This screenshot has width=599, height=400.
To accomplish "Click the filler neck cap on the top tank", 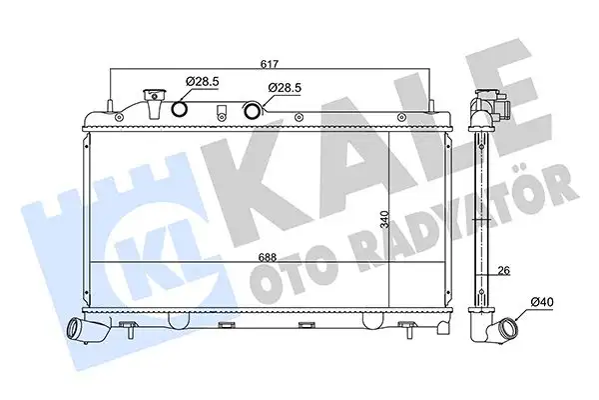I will [x=155, y=102].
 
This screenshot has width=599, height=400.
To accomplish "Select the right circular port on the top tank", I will [x=253, y=110].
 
